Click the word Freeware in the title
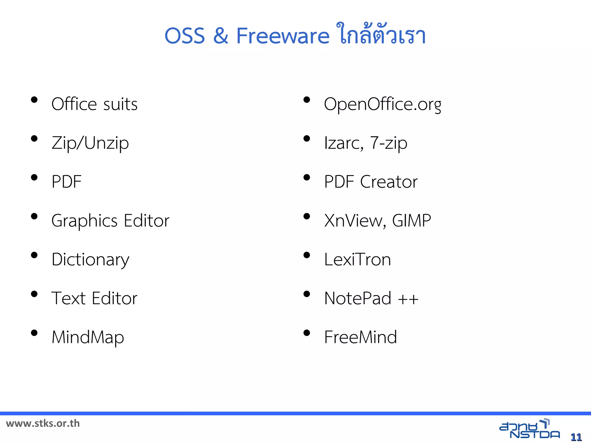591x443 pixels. (283, 36)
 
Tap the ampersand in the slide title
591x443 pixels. (221, 36)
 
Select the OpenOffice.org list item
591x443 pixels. (382, 104)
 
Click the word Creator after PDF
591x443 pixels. (389, 182)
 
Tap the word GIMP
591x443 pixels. (412, 221)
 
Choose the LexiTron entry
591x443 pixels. (358, 259)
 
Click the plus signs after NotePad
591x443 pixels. (408, 299)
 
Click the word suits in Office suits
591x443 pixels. (120, 104)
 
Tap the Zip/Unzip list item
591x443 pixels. (90, 143)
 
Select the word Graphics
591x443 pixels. (84, 221)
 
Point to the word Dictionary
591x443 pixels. (90, 260)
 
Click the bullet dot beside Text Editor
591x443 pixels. (34, 294)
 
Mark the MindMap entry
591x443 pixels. (88, 337)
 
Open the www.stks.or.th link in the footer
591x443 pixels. (43, 423)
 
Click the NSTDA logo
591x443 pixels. (529, 429)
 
